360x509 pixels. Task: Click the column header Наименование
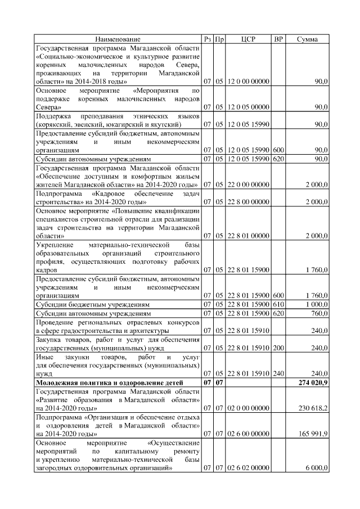click(118, 39)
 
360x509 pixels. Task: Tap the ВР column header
click(278, 39)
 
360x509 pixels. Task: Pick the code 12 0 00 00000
click(248, 82)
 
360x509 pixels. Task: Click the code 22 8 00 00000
click(248, 201)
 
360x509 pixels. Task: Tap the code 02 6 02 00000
click(248, 468)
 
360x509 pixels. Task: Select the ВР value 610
click(278, 304)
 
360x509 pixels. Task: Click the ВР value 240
click(278, 373)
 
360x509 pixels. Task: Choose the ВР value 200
click(278, 348)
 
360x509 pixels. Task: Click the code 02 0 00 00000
click(248, 408)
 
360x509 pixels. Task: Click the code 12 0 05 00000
click(248, 106)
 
